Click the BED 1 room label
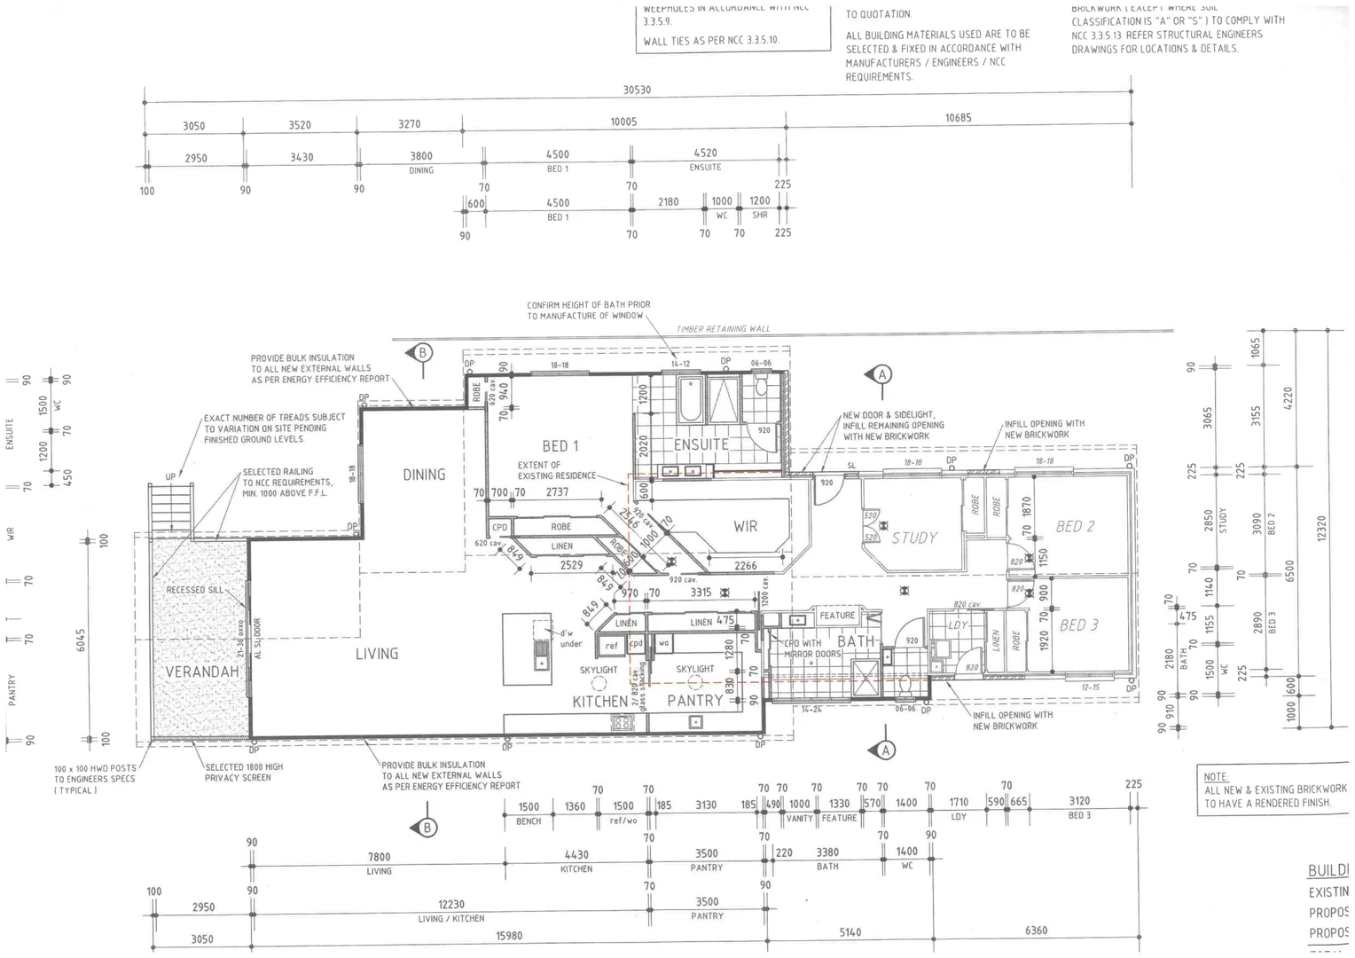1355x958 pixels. click(560, 446)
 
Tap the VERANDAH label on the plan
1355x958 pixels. click(202, 671)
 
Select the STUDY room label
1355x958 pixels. click(914, 538)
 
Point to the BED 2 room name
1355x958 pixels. click(1075, 526)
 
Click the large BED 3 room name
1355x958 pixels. click(1078, 624)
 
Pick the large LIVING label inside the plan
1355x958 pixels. click(377, 654)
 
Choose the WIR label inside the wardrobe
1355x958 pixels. click(745, 526)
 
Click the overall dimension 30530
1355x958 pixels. click(637, 90)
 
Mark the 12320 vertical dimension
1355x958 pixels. click(1322, 530)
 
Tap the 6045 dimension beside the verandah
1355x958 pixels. click(81, 640)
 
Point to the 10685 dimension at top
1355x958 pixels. click(958, 117)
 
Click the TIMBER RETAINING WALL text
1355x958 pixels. click(723, 329)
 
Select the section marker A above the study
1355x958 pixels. click(881, 374)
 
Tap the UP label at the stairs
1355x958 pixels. click(170, 477)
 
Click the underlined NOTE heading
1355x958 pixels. click(1216, 776)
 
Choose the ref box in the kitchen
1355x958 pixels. click(611, 646)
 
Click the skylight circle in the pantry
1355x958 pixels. click(695, 682)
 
